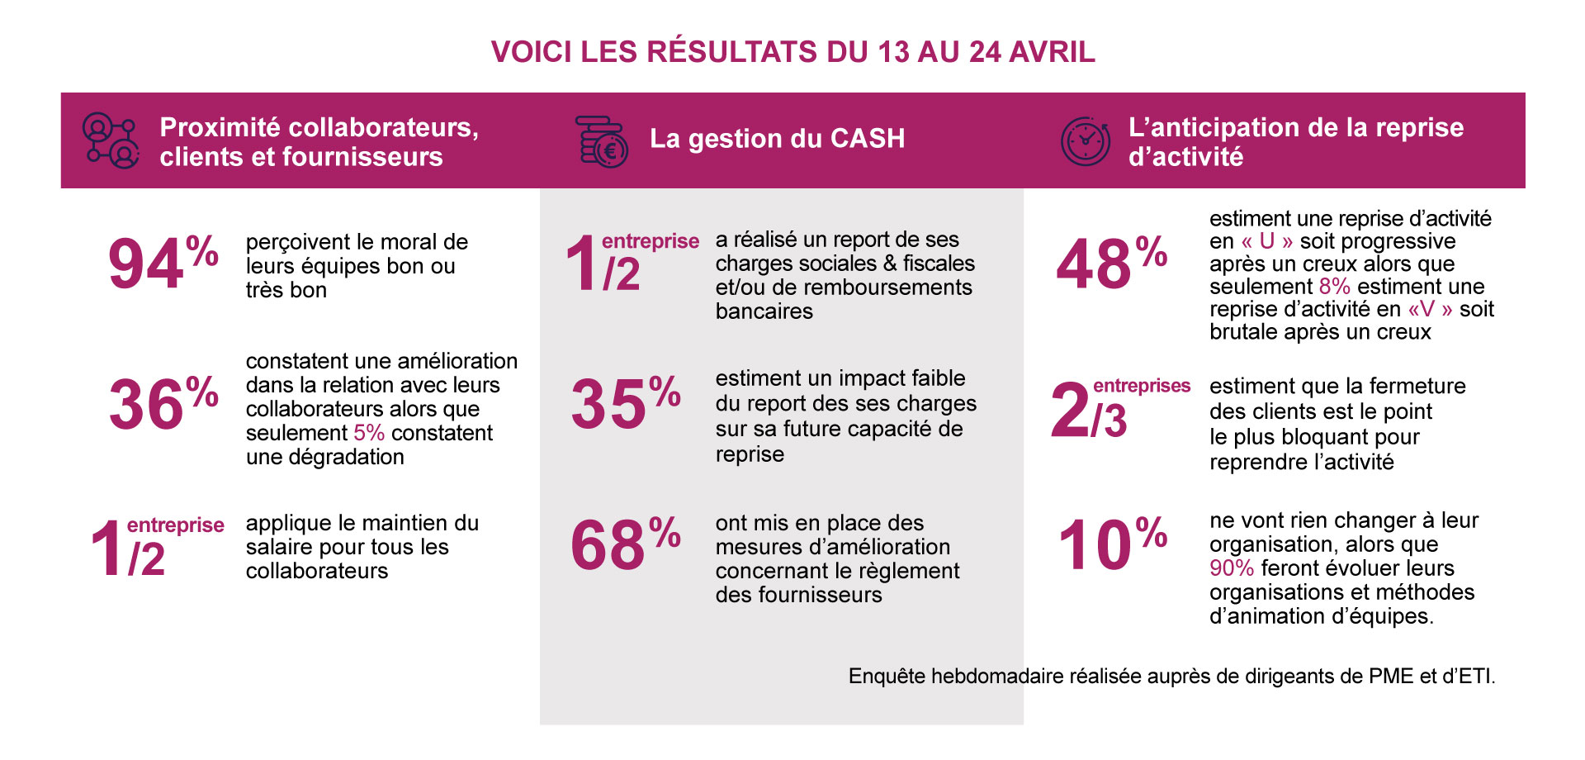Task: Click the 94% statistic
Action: click(162, 263)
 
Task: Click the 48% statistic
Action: click(1110, 263)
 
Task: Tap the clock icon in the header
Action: click(1085, 141)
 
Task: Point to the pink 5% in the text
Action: click(369, 433)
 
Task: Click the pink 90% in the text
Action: click(1231, 568)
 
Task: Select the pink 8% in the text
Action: click(1334, 287)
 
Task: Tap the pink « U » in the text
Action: click(1266, 241)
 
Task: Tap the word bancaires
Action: click(764, 311)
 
